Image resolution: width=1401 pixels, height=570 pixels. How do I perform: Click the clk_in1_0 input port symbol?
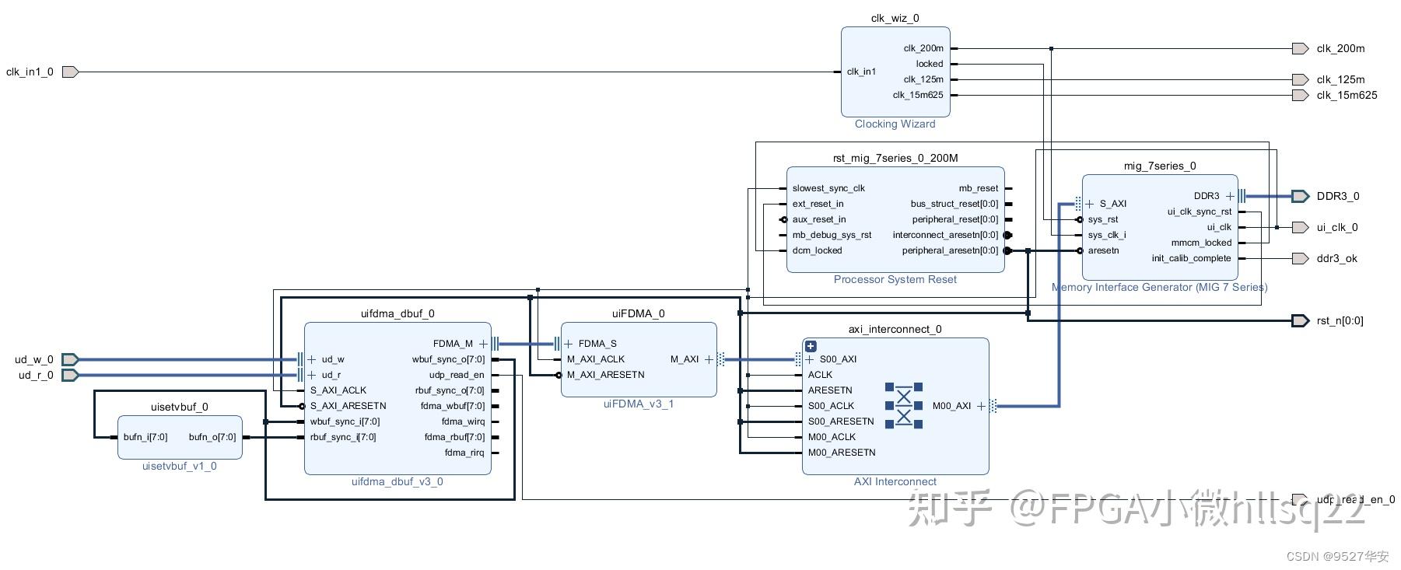coord(70,72)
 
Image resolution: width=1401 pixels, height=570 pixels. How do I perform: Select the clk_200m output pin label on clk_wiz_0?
coord(923,48)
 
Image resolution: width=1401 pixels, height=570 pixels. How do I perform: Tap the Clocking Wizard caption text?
coord(895,124)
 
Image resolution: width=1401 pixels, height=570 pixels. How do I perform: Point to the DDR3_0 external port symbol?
coord(1300,196)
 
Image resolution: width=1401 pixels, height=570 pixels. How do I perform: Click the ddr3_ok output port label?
coord(1336,258)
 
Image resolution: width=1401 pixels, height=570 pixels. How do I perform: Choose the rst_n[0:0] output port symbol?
coord(1300,320)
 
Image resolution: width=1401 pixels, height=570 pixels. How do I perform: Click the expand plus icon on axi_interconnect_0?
coord(811,346)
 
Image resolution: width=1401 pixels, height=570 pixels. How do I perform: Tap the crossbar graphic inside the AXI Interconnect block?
coord(903,405)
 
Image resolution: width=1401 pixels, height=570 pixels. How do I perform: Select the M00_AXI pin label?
coord(951,406)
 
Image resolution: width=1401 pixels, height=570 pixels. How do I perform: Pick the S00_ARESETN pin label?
coord(840,421)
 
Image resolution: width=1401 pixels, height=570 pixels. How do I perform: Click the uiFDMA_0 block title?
coord(638,313)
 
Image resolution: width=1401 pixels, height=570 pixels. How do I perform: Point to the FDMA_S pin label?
coord(597,344)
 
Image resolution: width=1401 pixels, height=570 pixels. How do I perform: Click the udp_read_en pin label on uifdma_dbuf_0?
coord(456,375)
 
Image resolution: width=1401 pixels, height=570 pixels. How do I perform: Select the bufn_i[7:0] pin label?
coord(145,437)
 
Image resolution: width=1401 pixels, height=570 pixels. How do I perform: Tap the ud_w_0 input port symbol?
coord(70,359)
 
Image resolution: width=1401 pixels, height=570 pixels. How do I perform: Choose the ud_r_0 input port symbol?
coord(70,375)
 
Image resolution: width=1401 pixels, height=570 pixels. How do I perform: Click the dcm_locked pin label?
coord(817,250)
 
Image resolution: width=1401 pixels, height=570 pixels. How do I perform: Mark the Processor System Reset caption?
coord(895,279)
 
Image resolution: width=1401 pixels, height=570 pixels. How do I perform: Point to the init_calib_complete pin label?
coord(1191,258)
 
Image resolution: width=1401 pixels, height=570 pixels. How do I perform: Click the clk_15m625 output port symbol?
coord(1300,95)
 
